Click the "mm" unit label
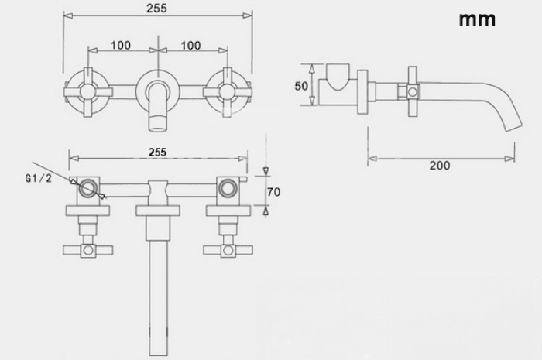(x=477, y=20)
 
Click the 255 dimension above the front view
(x=156, y=8)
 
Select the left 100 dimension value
(x=121, y=45)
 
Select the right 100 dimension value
(x=190, y=45)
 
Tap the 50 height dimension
(x=301, y=86)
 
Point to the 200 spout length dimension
(x=440, y=166)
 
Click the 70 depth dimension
(x=273, y=192)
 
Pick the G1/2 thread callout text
(x=39, y=178)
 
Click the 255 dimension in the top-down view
(x=157, y=152)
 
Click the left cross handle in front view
(x=87, y=92)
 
